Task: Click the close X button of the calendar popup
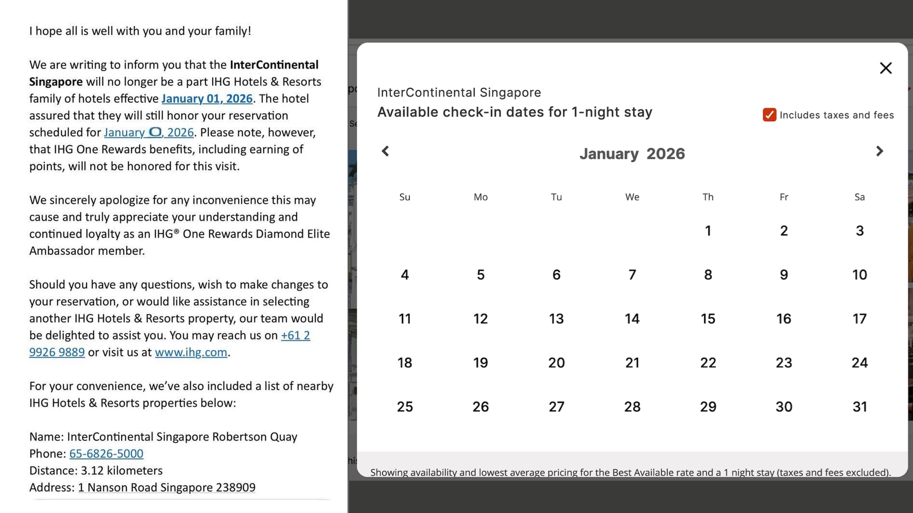(885, 68)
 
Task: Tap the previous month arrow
(386, 151)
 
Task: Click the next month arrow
(879, 151)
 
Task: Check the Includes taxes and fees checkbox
(769, 115)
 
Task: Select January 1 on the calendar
(708, 231)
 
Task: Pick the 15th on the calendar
(708, 319)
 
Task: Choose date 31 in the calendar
(859, 407)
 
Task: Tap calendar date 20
(556, 363)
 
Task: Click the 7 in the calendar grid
(632, 275)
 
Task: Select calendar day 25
(405, 407)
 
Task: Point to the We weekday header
(632, 197)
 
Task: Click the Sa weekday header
(859, 197)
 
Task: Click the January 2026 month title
(632, 154)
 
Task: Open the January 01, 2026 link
(207, 99)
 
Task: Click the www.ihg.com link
(191, 352)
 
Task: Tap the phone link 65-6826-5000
(106, 454)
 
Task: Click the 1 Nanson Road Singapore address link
(166, 488)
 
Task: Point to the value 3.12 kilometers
(122, 471)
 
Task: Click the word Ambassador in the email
(61, 251)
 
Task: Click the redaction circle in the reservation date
(155, 132)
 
